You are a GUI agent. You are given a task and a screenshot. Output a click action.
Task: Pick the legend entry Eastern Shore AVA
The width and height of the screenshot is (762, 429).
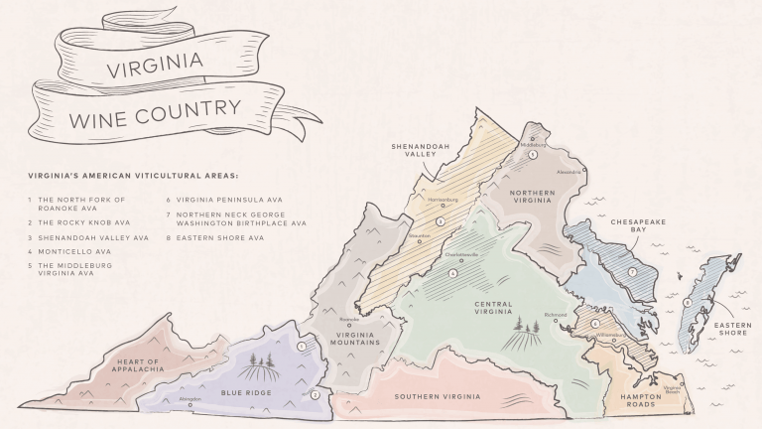pyautogui.click(x=221, y=238)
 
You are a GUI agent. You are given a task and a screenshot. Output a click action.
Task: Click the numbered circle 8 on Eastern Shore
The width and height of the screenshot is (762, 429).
pyautogui.click(x=688, y=301)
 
